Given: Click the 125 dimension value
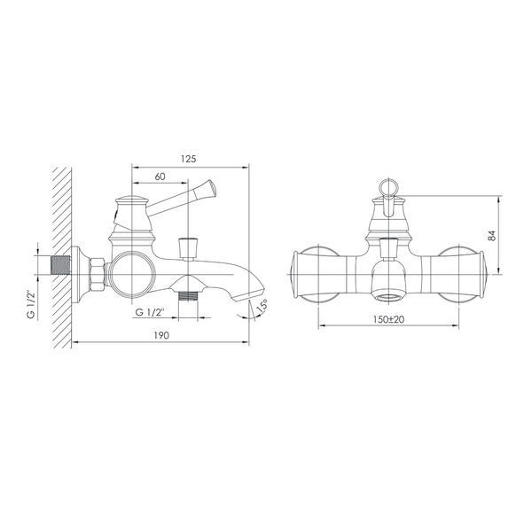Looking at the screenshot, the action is point(188,159).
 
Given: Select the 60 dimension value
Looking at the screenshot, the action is point(160,176).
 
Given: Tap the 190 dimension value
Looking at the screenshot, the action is point(161,335).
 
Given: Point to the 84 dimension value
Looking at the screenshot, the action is point(492,236).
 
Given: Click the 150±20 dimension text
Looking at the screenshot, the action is point(389,319).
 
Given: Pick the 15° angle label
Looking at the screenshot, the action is point(262,306).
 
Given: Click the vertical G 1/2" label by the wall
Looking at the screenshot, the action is point(31,304).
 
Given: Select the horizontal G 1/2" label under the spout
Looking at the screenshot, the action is point(150,312).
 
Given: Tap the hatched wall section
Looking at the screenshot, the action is point(61,257).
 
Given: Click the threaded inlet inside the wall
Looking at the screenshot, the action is point(60,265).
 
